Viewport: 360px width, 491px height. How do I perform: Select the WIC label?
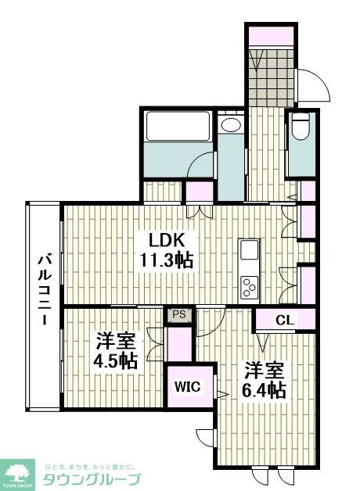pos(186,386)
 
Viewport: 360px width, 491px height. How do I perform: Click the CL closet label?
pos(285,320)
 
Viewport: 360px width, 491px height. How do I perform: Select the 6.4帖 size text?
pos(264,389)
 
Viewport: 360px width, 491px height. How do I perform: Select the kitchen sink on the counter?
pos(250,251)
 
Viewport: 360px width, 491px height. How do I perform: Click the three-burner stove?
pos(250,286)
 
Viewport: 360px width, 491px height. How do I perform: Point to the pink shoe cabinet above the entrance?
pos(271,35)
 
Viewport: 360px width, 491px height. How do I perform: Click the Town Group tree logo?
pos(20,471)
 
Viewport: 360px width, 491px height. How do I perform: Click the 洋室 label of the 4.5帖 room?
pos(117,341)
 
